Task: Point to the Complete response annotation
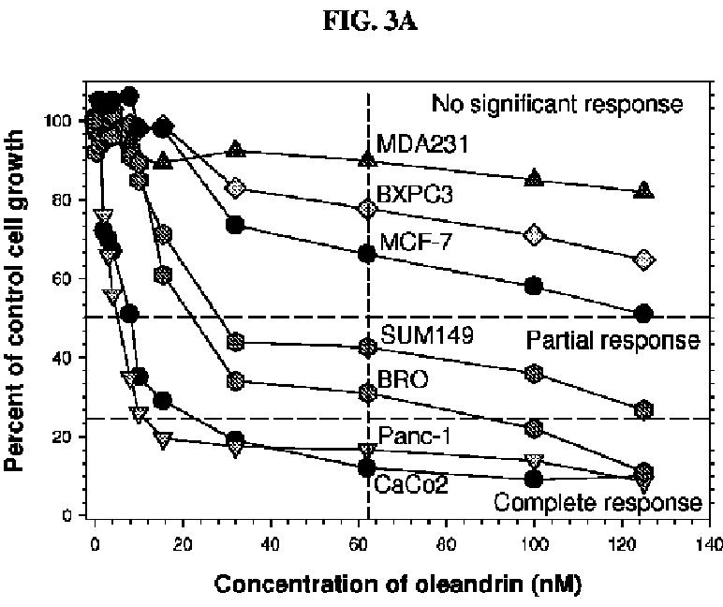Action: [x=598, y=502]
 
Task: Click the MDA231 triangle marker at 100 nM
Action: [x=534, y=178]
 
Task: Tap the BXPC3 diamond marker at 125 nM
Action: [x=643, y=259]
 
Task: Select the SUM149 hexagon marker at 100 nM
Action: [x=534, y=374]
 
